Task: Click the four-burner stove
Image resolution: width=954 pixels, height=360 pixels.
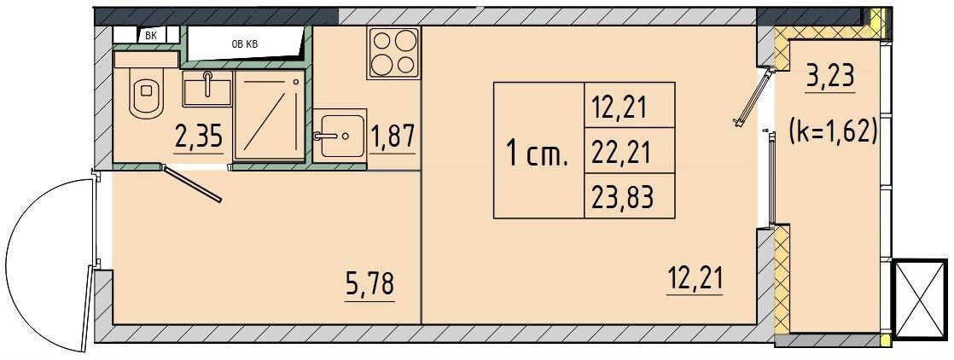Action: [394, 52]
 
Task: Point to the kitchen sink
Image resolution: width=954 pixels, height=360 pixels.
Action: [339, 134]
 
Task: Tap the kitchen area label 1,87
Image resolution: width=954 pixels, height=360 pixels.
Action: [392, 136]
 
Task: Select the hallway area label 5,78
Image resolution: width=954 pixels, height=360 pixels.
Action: [369, 283]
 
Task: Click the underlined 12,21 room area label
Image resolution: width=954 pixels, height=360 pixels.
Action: [695, 277]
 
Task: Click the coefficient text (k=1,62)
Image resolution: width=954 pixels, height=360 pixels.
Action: [834, 132]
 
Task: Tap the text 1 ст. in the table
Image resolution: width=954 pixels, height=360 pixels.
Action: [537, 156]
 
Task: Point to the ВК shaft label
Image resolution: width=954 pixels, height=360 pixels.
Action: [151, 35]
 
